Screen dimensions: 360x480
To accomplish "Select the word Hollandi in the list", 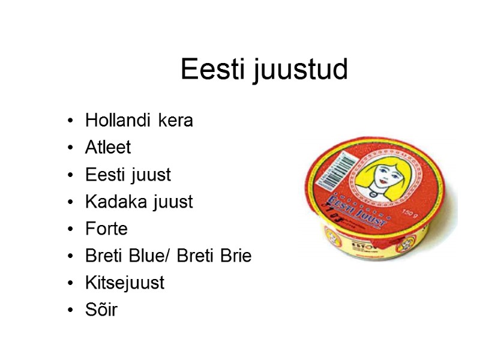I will click(118, 120).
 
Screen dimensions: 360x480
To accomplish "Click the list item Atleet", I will click(108, 148).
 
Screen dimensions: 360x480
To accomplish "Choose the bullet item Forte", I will click(106, 229).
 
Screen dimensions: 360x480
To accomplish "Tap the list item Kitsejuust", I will click(125, 283).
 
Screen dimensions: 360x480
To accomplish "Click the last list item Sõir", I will click(101, 310).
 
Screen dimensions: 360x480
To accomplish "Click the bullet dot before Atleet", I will click(72, 148).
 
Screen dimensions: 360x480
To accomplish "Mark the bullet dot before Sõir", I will click(72, 311).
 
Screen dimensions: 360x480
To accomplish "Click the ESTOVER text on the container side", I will click(361, 245).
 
